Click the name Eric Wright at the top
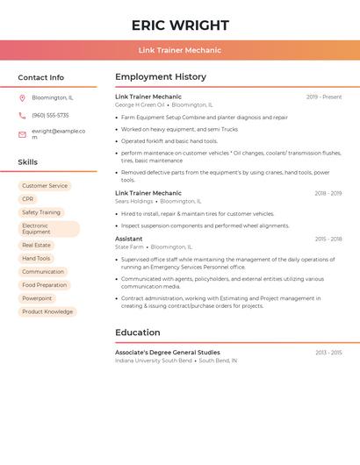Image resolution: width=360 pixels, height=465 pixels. (180, 25)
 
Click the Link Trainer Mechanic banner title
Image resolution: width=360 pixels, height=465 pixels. (180, 50)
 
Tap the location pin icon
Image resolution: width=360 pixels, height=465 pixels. (22, 98)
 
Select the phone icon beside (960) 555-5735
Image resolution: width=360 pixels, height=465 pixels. (22, 116)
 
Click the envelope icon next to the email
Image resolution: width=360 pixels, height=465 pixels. (22, 133)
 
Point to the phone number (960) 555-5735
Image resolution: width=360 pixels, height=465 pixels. (50, 116)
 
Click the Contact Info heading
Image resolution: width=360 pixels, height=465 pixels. (40, 77)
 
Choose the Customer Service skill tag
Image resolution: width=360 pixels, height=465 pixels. (45, 186)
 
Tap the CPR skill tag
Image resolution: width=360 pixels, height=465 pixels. (28, 199)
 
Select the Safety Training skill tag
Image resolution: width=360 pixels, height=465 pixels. (41, 212)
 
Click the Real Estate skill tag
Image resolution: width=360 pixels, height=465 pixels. (36, 246)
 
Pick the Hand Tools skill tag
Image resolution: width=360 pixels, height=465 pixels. (36, 259)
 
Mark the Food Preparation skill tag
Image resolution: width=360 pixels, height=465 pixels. (44, 285)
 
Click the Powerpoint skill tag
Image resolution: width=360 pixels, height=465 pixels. (37, 298)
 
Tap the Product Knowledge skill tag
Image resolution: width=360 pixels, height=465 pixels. (47, 311)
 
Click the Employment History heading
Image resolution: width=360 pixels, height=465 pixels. (161, 77)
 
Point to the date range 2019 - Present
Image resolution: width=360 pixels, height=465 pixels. (324, 97)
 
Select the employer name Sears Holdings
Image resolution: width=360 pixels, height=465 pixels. (133, 201)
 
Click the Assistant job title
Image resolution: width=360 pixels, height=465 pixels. (128, 239)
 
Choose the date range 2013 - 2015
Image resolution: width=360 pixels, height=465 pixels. (328, 353)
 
